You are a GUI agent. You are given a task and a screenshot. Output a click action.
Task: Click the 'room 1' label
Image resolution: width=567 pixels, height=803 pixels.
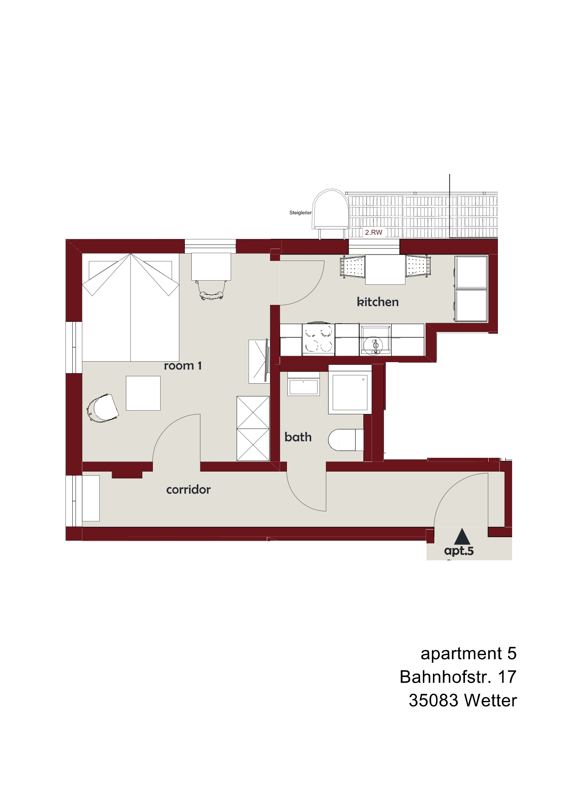183,366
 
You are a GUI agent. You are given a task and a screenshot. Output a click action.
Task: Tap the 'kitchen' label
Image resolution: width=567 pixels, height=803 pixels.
378,302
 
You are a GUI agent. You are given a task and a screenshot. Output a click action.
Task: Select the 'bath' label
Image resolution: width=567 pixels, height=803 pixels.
298,437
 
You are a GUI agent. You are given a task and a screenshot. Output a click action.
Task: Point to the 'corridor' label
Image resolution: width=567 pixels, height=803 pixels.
189,490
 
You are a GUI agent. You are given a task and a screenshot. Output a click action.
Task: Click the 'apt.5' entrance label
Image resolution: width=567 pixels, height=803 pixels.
459,551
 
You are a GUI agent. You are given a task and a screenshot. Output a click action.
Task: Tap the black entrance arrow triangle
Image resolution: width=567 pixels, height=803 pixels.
462,536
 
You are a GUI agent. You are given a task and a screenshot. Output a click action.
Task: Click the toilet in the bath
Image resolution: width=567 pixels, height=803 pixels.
346,440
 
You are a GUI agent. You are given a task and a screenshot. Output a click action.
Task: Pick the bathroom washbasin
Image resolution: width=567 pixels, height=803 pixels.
303,387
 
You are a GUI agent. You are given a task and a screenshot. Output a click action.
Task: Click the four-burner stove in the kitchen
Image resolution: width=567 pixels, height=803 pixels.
319,339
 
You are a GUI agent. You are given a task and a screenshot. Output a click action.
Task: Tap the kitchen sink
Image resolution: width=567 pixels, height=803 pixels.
375,340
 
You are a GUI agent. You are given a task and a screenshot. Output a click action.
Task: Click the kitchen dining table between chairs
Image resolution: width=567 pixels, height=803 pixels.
385,270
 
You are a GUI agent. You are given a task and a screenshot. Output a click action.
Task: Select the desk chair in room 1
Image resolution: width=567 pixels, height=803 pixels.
211,290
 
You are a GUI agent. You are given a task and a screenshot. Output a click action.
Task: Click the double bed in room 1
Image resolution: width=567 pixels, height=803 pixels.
130,307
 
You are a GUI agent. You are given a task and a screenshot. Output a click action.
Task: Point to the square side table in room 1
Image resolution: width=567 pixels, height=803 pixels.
143,393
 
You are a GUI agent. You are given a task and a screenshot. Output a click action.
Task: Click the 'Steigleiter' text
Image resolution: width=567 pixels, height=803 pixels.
301,213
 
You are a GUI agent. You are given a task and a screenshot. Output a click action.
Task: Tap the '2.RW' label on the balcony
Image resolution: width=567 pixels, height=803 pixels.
373,233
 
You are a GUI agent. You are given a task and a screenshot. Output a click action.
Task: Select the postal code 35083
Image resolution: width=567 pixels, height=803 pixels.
433,701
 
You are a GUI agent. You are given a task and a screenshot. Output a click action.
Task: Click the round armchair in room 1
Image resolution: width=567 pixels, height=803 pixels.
103,408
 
